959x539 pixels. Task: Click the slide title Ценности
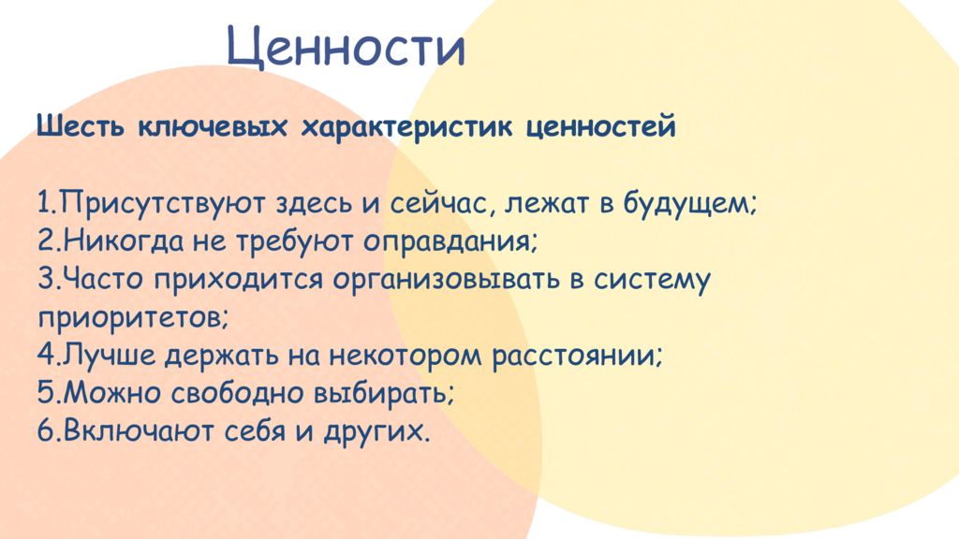pos(347,48)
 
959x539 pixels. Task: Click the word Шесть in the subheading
pos(81,126)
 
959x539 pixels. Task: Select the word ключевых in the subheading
pos(213,127)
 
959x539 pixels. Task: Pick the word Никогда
pos(124,241)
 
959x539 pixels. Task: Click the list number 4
pos(47,355)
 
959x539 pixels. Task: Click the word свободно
pos(235,393)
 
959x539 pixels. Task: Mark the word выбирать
pos(383,393)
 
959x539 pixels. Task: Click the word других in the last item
pos(373,431)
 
